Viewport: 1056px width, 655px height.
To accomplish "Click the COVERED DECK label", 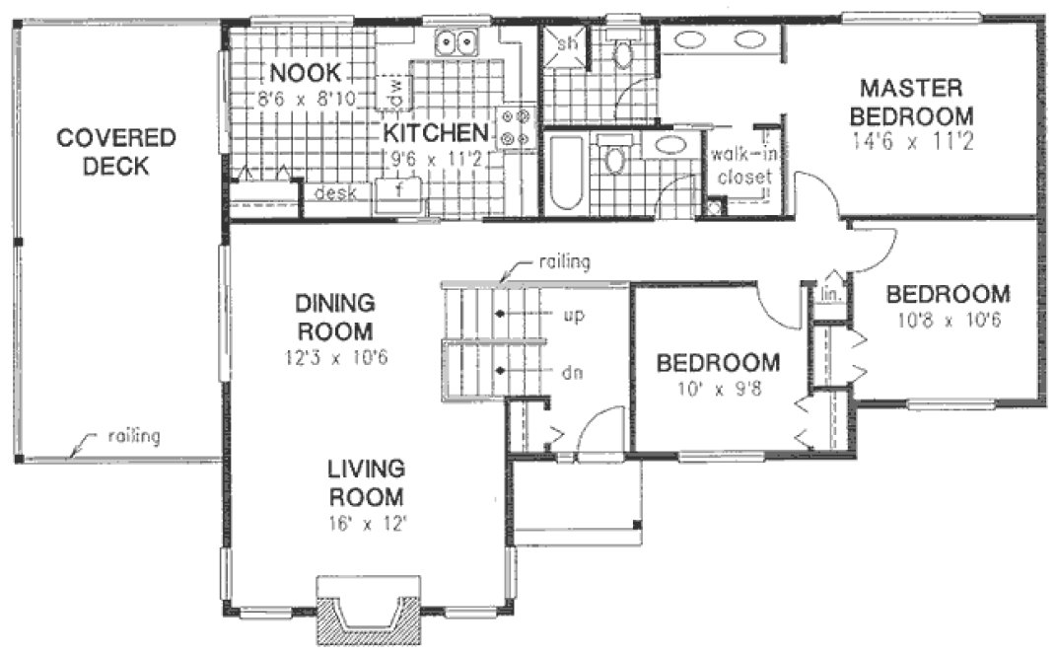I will tap(115, 152).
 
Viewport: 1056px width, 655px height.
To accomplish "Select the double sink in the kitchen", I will tap(458, 43).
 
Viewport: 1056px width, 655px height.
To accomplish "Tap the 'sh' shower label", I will tap(568, 44).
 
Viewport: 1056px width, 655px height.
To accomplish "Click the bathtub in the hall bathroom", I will tap(566, 174).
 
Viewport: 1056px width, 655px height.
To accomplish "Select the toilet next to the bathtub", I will tap(615, 158).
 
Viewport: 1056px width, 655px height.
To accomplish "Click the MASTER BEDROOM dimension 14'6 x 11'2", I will tap(915, 141).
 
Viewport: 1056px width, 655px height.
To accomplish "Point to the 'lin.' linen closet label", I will tap(828, 293).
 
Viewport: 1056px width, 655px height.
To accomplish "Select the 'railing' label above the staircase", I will tap(565, 261).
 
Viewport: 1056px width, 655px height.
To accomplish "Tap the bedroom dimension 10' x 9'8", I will tap(719, 389).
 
